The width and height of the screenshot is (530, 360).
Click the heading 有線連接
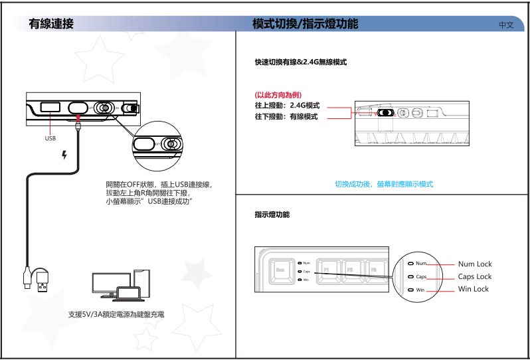[x=51, y=25]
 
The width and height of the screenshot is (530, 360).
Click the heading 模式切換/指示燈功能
[x=305, y=25]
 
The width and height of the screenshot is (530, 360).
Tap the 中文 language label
[x=506, y=25]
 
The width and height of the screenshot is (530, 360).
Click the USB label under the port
[x=50, y=139]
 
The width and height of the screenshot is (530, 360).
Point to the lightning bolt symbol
[x=64, y=155]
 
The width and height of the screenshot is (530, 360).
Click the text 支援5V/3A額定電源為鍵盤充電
[x=117, y=314]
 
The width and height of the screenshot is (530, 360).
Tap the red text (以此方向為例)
[x=274, y=95]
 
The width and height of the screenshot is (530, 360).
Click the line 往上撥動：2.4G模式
[x=287, y=106]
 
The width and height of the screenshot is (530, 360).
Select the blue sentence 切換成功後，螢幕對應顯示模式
[x=383, y=184]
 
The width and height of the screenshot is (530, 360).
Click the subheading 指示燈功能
[x=272, y=215]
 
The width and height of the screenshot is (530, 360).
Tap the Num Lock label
[x=475, y=264]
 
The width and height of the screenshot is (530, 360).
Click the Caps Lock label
[x=475, y=276]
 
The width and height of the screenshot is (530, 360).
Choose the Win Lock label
[x=473, y=289]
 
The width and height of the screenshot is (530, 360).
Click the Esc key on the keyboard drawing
[x=280, y=270]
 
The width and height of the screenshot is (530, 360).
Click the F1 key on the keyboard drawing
[x=326, y=270]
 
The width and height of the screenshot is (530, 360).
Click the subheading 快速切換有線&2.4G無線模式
[x=301, y=62]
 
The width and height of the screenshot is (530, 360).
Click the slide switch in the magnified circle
[x=171, y=144]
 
